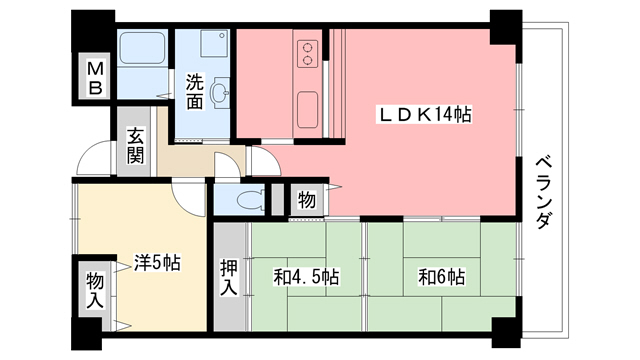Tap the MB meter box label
(x=95, y=79)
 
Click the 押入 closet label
(x=229, y=277)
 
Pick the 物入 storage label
(x=94, y=289)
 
